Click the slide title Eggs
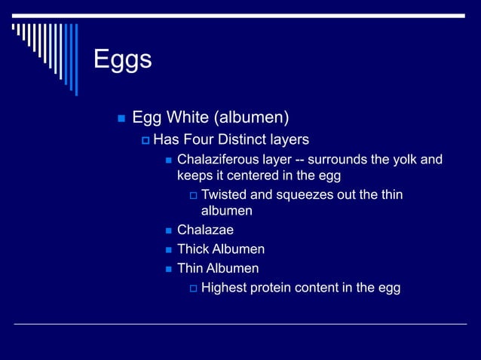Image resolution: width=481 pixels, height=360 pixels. tap(122, 59)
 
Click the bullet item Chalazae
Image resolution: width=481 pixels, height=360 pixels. tap(205, 230)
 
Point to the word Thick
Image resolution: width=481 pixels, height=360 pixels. tap(194, 249)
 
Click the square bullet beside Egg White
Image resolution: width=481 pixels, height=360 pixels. tap(120, 118)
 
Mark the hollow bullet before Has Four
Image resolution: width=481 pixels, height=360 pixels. tap(146, 141)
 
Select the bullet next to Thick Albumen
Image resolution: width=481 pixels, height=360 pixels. tap(169, 249)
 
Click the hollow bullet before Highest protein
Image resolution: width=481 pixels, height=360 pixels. tap(193, 288)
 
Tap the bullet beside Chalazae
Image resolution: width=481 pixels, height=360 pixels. tap(169, 230)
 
